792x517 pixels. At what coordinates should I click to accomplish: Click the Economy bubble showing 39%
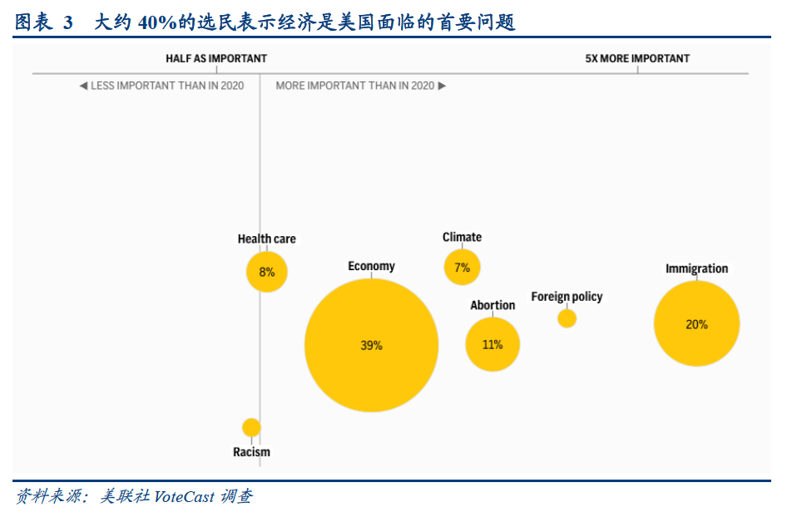click(x=371, y=345)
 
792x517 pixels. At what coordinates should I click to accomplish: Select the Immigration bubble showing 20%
click(x=696, y=324)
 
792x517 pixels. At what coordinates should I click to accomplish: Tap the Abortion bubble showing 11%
click(x=493, y=343)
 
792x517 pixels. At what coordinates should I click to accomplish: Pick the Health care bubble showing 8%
click(x=266, y=272)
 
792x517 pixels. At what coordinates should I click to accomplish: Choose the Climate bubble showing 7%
click(x=462, y=268)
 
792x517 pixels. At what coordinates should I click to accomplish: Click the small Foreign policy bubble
click(x=567, y=318)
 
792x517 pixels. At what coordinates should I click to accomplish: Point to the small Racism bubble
click(x=251, y=427)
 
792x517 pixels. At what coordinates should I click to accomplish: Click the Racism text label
click(x=251, y=452)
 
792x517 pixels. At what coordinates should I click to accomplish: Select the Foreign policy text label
click(x=567, y=297)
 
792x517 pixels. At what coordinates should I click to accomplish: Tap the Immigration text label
click(x=696, y=268)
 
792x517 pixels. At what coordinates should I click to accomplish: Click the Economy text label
click(x=371, y=266)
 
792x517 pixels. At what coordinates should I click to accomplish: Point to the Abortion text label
click(x=493, y=305)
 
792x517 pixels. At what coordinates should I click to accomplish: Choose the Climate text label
click(x=462, y=237)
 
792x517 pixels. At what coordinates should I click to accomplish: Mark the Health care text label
click(x=266, y=239)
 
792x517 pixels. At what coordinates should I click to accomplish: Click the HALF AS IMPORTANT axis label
click(x=216, y=58)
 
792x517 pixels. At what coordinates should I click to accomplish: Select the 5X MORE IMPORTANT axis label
click(x=637, y=58)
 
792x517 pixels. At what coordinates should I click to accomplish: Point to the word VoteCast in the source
click(x=184, y=497)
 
